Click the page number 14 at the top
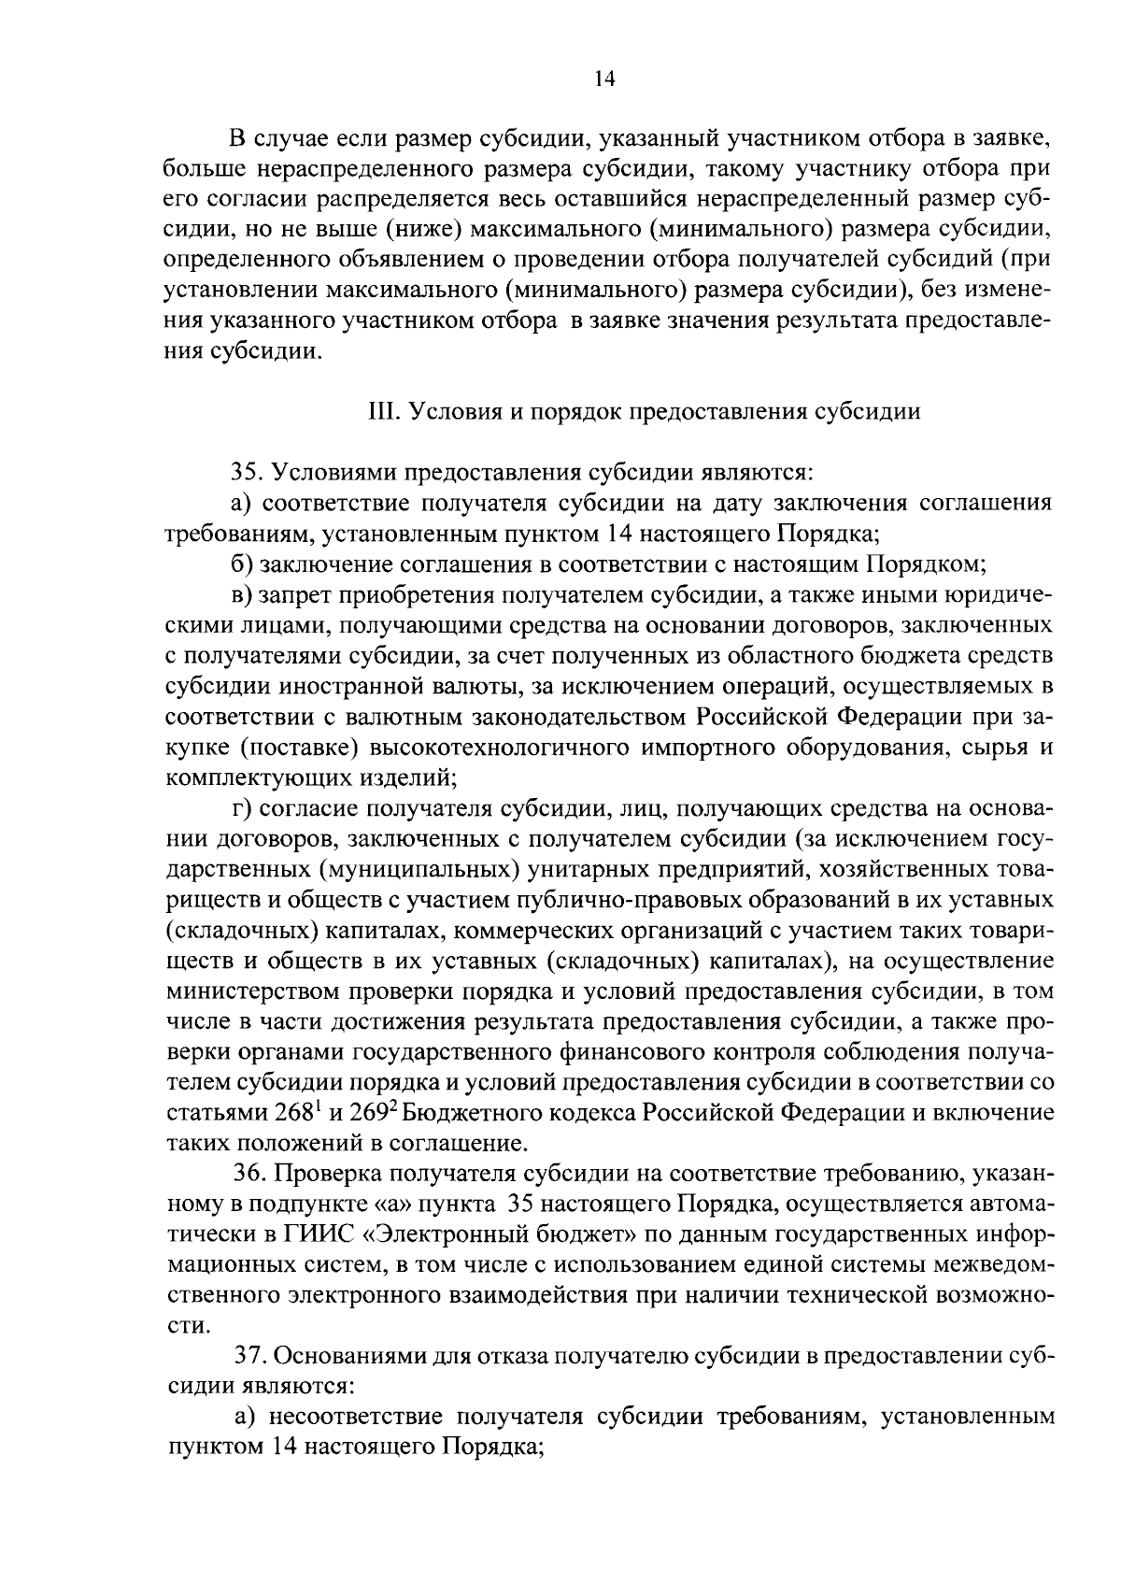[x=604, y=79]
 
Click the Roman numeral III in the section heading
[x=379, y=412]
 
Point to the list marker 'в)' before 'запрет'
[x=243, y=594]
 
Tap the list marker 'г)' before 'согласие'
[x=241, y=808]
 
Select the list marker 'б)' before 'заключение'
[x=242, y=564]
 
